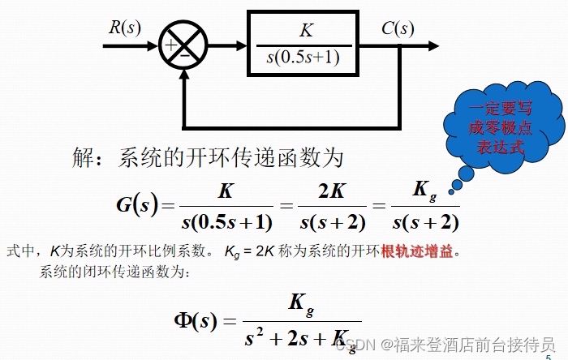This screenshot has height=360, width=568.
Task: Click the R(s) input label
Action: pos(124,28)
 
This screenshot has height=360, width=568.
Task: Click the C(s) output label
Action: pos(398,30)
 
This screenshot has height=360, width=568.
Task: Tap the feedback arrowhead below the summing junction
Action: pos(185,75)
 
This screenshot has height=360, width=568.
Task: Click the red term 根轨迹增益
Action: pos(416,251)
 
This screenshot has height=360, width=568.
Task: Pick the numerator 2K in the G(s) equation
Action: pos(332,191)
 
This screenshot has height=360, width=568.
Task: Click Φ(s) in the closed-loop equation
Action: pos(196,319)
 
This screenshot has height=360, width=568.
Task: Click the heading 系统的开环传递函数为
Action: pos(231,157)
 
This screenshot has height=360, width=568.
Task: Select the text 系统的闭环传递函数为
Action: pos(114,272)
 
